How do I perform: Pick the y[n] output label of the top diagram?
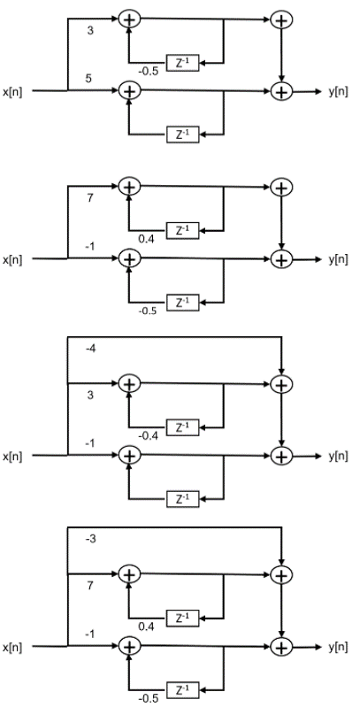(x=336, y=90)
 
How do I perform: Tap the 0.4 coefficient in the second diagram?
(x=148, y=238)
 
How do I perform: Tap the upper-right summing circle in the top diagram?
(x=281, y=17)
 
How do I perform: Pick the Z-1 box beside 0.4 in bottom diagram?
(x=180, y=617)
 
